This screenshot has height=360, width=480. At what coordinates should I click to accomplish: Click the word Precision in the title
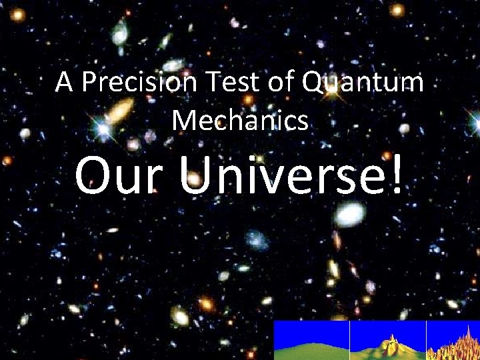(140, 83)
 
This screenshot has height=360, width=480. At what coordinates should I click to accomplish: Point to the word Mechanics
(240, 120)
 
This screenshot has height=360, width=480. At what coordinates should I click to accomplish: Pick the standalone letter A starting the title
(64, 83)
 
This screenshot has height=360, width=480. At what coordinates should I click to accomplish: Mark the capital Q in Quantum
(313, 83)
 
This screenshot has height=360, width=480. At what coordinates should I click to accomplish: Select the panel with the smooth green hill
(311, 340)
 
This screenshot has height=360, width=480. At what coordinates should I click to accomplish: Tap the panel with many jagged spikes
(453, 340)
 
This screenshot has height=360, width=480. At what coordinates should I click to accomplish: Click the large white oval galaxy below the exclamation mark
(351, 213)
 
